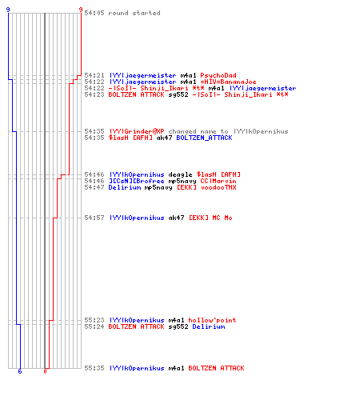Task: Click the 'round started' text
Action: (x=134, y=13)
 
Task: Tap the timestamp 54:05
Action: (x=94, y=13)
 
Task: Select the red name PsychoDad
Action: (x=218, y=75)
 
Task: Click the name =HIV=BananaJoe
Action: (x=228, y=82)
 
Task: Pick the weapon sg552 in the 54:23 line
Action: (x=178, y=94)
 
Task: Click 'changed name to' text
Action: (x=198, y=131)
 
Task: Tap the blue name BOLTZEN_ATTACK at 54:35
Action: (x=204, y=138)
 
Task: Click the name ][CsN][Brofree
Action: (x=136, y=181)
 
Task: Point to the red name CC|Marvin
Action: (x=218, y=181)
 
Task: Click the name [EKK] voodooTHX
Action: (x=206, y=187)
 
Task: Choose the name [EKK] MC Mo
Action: (x=210, y=218)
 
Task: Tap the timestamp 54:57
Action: (x=94, y=218)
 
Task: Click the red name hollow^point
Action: (x=212, y=320)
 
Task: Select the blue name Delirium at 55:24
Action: (x=208, y=326)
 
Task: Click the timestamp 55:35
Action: (x=94, y=368)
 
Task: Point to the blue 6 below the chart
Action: (x=20, y=371)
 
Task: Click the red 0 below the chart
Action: (x=45, y=371)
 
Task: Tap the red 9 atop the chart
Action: (x=81, y=10)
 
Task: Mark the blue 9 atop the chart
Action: (x=8, y=10)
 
